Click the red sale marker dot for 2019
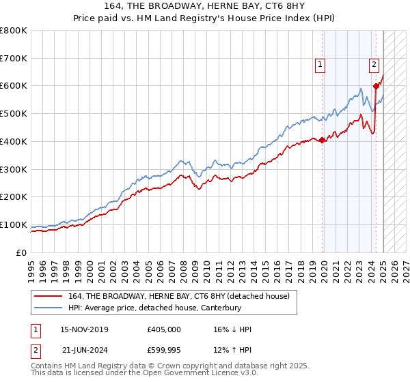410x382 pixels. [x=323, y=141]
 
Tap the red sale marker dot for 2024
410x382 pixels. [x=376, y=86]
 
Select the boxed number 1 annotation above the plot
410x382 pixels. [x=320, y=65]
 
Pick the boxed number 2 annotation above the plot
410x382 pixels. [x=374, y=65]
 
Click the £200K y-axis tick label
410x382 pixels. [x=14, y=196]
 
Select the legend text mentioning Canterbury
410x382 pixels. [x=155, y=308]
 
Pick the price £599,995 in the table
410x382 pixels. [x=164, y=350]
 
